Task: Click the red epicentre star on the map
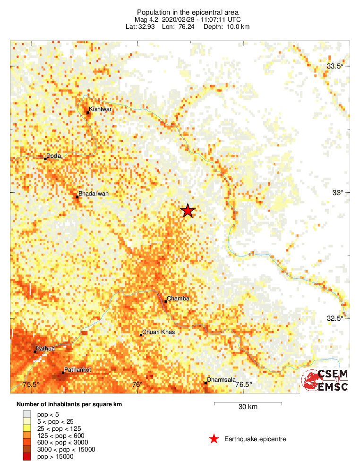click(x=188, y=211)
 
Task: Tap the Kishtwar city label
click(x=101, y=109)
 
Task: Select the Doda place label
click(x=53, y=156)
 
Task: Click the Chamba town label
click(x=178, y=299)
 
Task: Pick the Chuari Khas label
click(x=159, y=332)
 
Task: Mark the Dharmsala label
click(x=221, y=380)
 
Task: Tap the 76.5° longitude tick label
click(x=243, y=385)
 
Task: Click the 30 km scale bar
click(x=248, y=403)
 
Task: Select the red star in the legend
click(x=214, y=439)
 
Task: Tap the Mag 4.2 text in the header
click(x=146, y=19)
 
